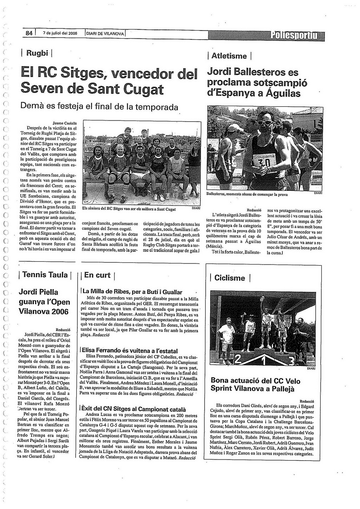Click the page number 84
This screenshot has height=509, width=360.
click(28, 33)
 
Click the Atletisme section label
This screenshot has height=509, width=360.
click(229, 56)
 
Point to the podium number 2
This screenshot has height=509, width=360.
click(238, 359)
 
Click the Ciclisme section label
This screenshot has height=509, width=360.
click(230, 278)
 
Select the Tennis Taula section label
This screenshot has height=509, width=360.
click(45, 275)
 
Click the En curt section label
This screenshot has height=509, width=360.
click(97, 275)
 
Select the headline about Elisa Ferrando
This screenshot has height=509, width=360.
click(130, 351)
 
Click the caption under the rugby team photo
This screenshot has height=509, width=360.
click(129, 209)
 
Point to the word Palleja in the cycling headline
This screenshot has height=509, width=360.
click(281, 389)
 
